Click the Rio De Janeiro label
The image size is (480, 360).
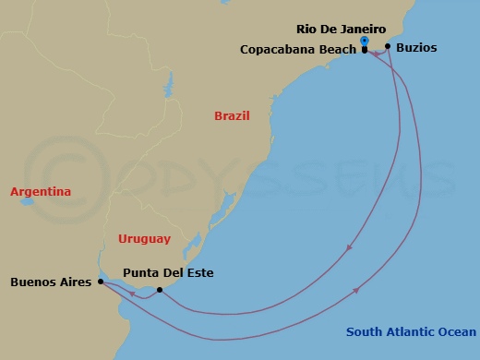click(342, 29)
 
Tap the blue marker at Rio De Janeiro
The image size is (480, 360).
click(365, 41)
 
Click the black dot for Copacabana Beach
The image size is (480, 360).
click(365, 50)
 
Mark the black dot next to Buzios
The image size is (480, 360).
click(388, 46)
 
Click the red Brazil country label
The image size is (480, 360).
click(232, 116)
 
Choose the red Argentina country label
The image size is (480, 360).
click(41, 192)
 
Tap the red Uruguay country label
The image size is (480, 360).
click(145, 239)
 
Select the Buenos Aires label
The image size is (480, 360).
click(51, 282)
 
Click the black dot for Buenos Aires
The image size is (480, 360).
click(100, 282)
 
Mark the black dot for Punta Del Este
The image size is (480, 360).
click(160, 290)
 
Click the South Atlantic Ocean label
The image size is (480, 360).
click(412, 332)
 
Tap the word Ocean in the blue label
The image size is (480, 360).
click(458, 332)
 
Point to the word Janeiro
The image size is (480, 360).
click(363, 29)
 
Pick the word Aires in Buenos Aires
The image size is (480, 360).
click(76, 282)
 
